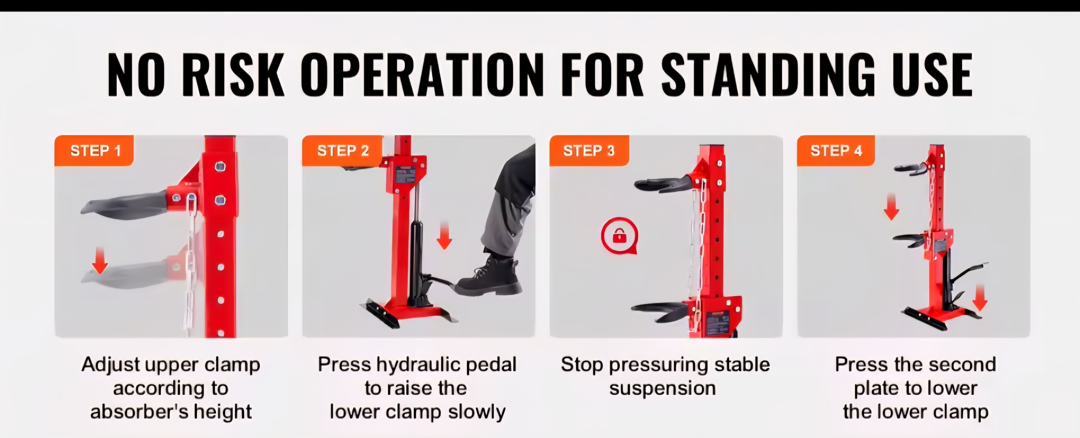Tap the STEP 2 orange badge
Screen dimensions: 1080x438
pos(342,150)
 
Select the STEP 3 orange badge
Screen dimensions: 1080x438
pos(589,150)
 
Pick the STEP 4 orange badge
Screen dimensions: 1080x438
pos(836,150)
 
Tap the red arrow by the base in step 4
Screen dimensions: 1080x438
pos(980,297)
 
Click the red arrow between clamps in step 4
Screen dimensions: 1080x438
pos(891,207)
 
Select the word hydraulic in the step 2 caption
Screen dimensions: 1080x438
pos(419,365)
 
